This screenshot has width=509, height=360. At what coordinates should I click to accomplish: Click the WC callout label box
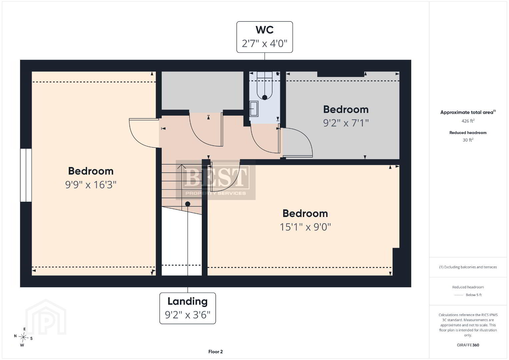tap(265, 37)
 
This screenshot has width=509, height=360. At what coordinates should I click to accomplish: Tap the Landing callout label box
tap(187, 308)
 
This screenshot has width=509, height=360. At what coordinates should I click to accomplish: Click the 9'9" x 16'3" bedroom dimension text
tap(91, 185)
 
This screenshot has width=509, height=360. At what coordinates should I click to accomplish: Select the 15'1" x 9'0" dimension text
tap(305, 227)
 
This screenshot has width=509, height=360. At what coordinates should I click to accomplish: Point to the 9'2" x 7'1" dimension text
tap(346, 123)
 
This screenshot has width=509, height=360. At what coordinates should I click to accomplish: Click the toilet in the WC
tap(265, 86)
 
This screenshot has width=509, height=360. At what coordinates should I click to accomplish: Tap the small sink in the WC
tap(254, 109)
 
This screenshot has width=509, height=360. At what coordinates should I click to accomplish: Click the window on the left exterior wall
tap(26, 175)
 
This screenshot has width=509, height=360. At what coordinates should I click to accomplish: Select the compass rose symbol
tap(23, 337)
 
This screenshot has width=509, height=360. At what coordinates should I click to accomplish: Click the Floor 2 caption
tap(215, 352)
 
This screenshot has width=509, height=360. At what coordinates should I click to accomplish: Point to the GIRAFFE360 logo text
tap(468, 345)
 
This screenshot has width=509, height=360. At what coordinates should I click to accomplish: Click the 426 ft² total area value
tap(468, 121)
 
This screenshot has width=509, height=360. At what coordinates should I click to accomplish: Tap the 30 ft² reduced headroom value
tap(468, 140)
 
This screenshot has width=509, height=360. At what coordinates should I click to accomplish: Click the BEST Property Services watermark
tap(216, 180)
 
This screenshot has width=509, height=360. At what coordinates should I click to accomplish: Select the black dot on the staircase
tap(187, 204)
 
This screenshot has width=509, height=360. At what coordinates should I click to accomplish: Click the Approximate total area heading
tap(468, 112)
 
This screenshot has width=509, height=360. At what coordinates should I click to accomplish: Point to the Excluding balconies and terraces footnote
tap(468, 267)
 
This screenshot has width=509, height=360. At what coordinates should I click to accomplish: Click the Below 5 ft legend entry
tap(468, 295)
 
